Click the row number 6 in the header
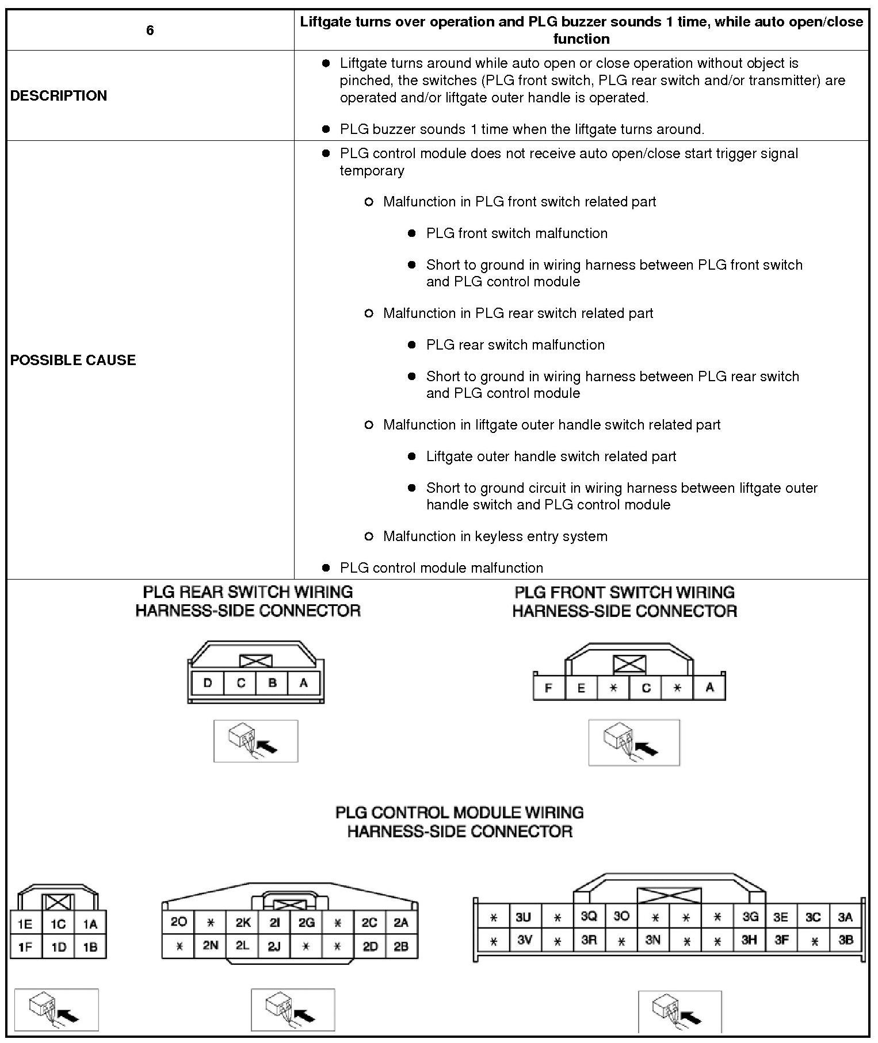pyautogui.click(x=150, y=30)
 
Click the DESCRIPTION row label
pyautogui.click(x=59, y=95)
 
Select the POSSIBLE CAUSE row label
pyautogui.click(x=73, y=360)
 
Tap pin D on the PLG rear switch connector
pyautogui.click(x=208, y=683)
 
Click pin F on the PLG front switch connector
pyautogui.click(x=548, y=688)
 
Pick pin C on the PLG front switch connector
pyautogui.click(x=646, y=688)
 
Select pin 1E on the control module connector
pyautogui.click(x=25, y=924)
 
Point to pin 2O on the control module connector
pyautogui.click(x=178, y=922)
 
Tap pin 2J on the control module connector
pyautogui.click(x=274, y=946)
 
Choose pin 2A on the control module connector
pyautogui.click(x=401, y=922)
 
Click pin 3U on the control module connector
pyautogui.click(x=523, y=917)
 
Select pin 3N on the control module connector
pyautogui.click(x=652, y=940)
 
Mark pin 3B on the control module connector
pyautogui.click(x=845, y=940)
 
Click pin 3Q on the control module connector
pyautogui.click(x=589, y=917)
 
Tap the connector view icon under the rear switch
pyautogui.click(x=255, y=741)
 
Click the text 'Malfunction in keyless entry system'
pyautogui.click(x=495, y=536)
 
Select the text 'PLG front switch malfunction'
pyautogui.click(x=517, y=233)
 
